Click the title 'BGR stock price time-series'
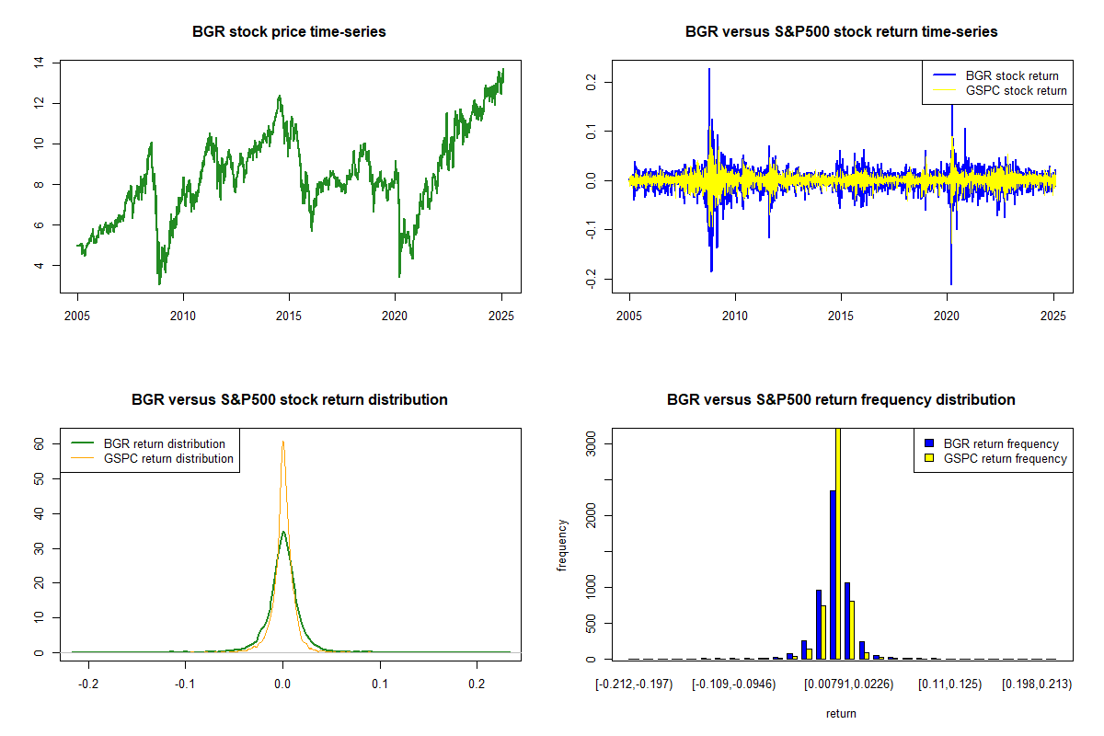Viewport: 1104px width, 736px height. [289, 32]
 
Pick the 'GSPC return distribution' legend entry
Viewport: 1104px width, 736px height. [168, 458]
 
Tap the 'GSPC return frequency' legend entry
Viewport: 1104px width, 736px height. [1006, 458]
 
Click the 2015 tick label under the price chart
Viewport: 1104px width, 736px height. [289, 315]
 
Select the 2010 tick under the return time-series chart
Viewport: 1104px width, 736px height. [735, 315]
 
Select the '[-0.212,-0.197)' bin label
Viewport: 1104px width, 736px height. [634, 684]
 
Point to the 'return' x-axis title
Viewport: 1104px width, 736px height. [841, 713]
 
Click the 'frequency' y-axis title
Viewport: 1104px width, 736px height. [562, 545]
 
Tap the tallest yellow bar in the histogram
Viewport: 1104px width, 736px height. [837, 543]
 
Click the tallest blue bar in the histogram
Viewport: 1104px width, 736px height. [832, 575]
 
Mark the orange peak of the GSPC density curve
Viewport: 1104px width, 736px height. [282, 443]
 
